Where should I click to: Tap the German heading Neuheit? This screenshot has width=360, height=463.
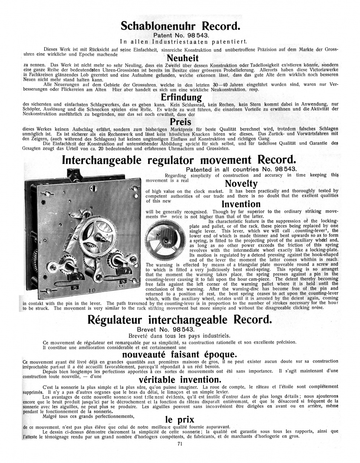(183, 58)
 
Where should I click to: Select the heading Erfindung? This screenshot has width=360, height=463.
(181, 98)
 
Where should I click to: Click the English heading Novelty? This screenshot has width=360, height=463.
(241, 184)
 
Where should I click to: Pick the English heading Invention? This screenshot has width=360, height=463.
(241, 204)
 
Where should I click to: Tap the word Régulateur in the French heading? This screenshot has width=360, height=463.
(116, 320)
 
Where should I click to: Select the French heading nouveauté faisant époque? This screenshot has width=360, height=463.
(180, 353)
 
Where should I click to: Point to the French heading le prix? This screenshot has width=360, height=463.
(180, 420)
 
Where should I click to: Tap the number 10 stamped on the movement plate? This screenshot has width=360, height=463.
(91, 290)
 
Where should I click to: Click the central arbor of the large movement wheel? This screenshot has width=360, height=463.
(104, 238)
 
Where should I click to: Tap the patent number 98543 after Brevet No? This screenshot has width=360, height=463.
(184, 330)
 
